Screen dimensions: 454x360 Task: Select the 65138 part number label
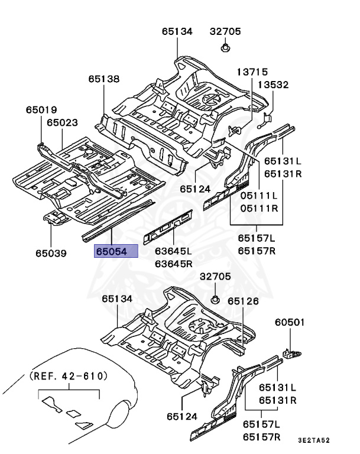[x=104, y=79]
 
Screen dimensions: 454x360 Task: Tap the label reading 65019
[x=41, y=110]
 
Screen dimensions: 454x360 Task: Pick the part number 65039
[x=50, y=253]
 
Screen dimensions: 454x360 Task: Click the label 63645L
[x=174, y=251]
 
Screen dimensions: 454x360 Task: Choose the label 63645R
[x=174, y=263]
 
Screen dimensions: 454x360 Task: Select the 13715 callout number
[x=253, y=72]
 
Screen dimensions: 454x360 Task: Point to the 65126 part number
[x=244, y=301]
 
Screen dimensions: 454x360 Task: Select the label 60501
[x=290, y=323]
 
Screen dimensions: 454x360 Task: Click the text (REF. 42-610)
[x=68, y=376]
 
